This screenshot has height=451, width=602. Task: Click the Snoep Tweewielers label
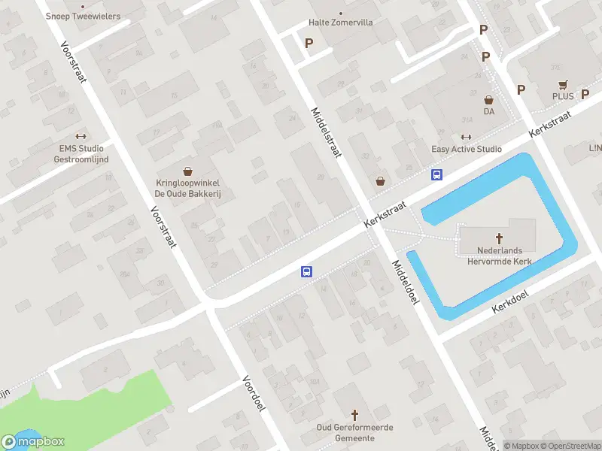pyautogui.click(x=83, y=16)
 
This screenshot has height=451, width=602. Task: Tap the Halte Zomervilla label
pyautogui.click(x=340, y=23)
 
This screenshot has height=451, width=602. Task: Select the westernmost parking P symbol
pyautogui.click(x=309, y=43)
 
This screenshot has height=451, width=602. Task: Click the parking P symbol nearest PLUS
pyautogui.click(x=521, y=89)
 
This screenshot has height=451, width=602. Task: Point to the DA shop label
pyautogui.click(x=489, y=111)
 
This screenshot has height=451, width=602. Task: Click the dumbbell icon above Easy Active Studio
pyautogui.click(x=466, y=137)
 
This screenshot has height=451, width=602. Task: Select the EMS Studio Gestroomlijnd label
pyautogui.click(x=84, y=153)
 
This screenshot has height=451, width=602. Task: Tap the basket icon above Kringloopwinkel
pyautogui.click(x=187, y=171)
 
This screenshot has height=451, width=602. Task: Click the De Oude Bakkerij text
pyautogui.click(x=192, y=194)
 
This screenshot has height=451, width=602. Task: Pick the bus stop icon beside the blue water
pyautogui.click(x=436, y=174)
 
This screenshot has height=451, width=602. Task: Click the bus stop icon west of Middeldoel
pyautogui.click(x=307, y=272)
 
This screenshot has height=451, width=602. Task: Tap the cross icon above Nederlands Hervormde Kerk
pyautogui.click(x=499, y=237)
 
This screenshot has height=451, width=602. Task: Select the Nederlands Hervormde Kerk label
pyautogui.click(x=499, y=256)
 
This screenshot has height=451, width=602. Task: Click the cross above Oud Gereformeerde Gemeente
pyautogui.click(x=356, y=414)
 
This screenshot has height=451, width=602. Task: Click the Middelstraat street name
pyautogui.click(x=326, y=132)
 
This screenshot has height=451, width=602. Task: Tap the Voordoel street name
pyautogui.click(x=255, y=393)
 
